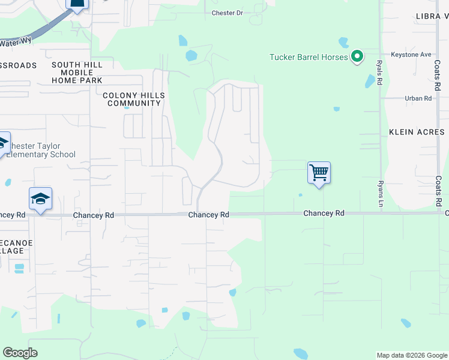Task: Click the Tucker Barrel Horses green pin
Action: tap(357, 57)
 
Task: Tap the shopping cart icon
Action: tap(319, 173)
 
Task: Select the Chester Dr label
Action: tap(226, 13)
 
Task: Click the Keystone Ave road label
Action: tap(411, 55)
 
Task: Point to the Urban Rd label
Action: tap(418, 98)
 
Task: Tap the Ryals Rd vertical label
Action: tap(379, 72)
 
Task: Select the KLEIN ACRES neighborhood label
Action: tap(417, 132)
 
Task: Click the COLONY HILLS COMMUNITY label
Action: tap(134, 99)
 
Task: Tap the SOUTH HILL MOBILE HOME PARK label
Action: tap(77, 73)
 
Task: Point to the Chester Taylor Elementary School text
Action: tap(41, 150)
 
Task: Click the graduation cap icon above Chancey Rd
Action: tap(40, 199)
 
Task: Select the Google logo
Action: tap(20, 353)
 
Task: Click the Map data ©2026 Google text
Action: tap(412, 355)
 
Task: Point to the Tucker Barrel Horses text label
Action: tap(309, 58)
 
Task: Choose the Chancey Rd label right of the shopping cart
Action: tap(324, 213)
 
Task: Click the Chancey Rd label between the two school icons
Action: tap(93, 215)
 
